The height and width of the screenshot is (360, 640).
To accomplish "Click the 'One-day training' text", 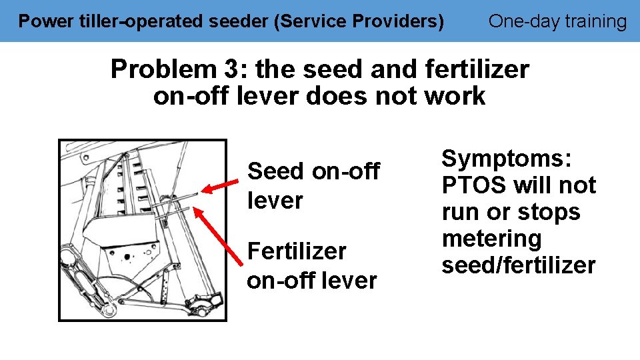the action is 557,21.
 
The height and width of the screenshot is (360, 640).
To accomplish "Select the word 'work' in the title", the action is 457,97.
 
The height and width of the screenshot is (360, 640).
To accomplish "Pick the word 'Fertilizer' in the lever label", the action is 297,251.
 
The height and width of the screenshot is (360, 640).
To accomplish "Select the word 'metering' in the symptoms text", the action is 491,239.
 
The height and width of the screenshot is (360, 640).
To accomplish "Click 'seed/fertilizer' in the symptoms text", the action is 518,265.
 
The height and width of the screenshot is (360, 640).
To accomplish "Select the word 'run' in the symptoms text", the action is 459,212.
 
